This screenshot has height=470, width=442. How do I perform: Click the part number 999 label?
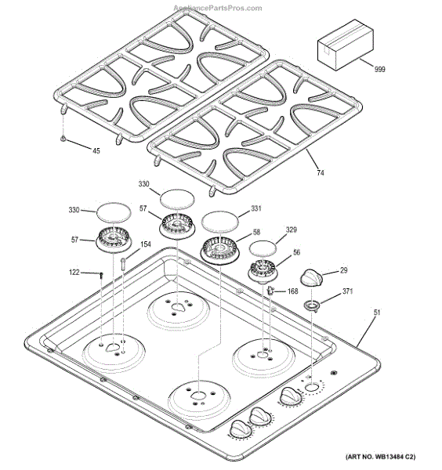(x=379, y=69)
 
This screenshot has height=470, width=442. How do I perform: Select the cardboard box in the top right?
(x=346, y=45)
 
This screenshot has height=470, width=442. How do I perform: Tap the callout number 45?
(x=96, y=150)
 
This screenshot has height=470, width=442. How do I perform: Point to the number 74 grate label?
(x=321, y=173)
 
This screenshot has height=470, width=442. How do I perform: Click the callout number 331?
(x=255, y=208)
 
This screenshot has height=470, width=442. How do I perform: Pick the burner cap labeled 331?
(x=220, y=221)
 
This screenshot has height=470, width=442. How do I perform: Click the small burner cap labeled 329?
(x=263, y=248)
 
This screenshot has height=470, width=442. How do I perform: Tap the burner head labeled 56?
(x=263, y=271)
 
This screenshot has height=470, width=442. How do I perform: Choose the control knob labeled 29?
(x=312, y=277)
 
